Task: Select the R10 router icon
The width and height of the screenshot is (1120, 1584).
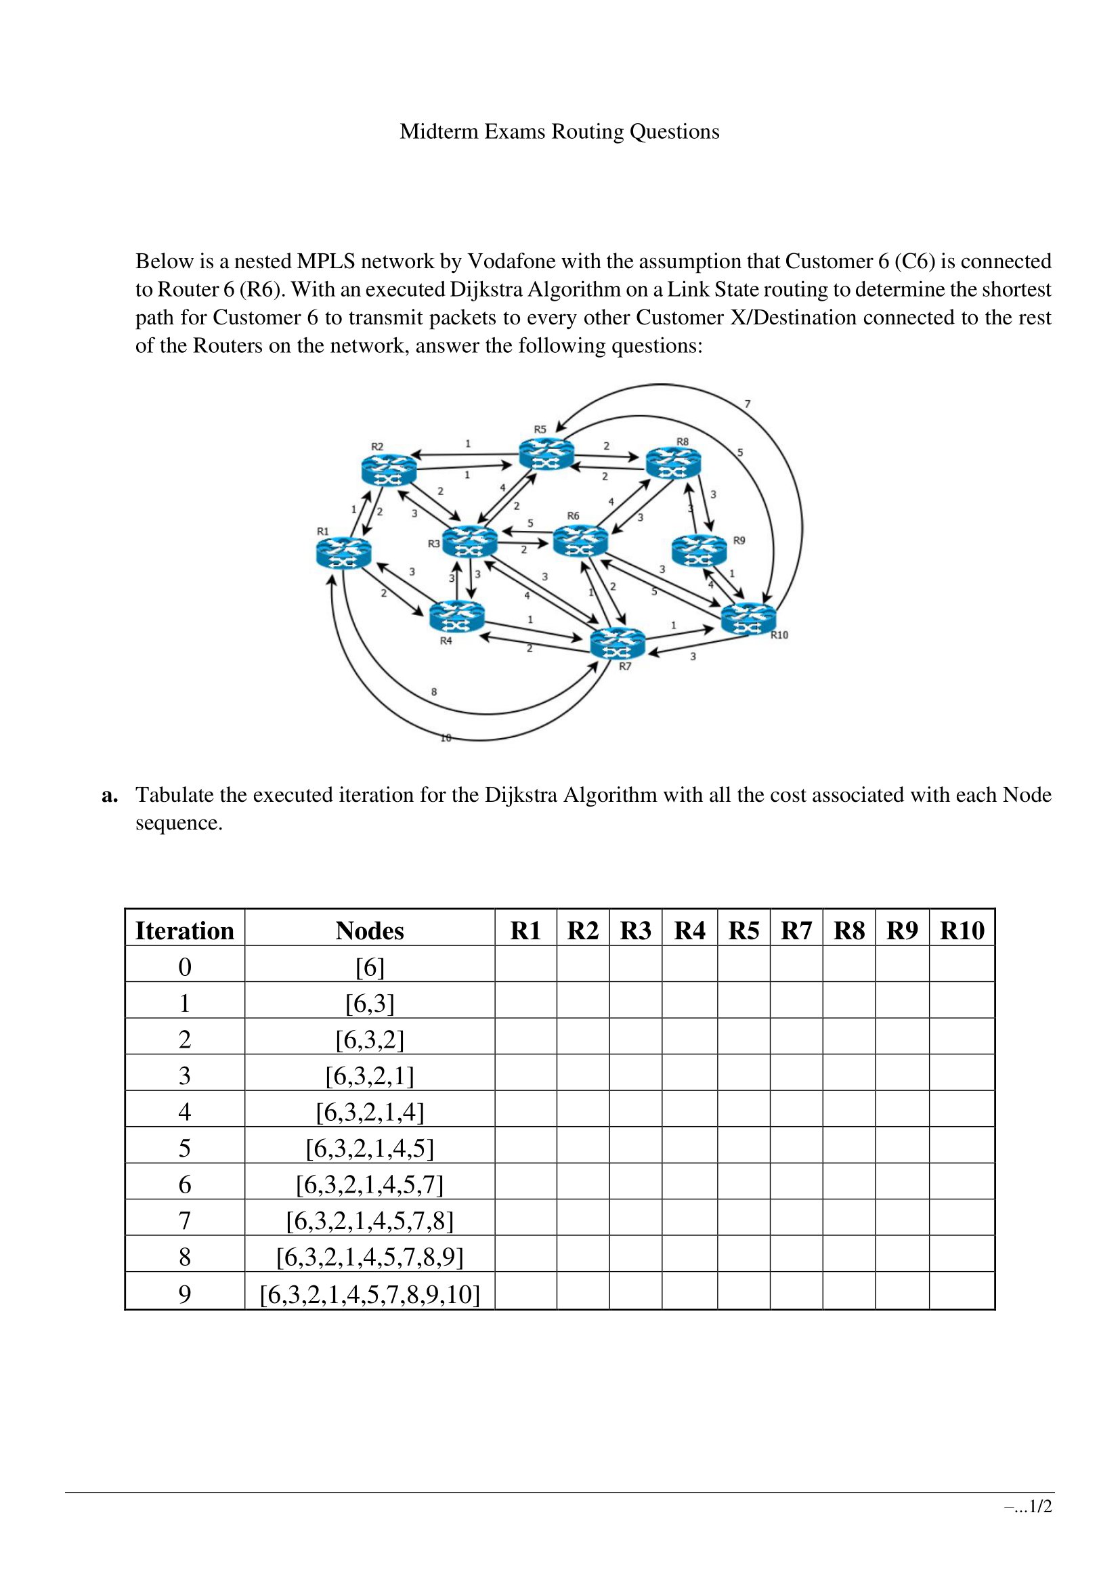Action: coord(748,618)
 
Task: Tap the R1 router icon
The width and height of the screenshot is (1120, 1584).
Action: coord(343,553)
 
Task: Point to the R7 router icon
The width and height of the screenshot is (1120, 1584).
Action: coord(618,643)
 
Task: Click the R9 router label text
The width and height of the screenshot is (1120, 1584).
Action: coord(739,540)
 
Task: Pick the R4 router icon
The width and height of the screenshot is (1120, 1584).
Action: coord(456,616)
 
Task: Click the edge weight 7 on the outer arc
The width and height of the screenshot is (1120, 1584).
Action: coord(748,404)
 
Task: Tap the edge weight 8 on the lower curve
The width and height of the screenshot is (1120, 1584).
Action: coord(434,691)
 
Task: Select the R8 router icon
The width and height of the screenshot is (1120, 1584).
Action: coord(673,463)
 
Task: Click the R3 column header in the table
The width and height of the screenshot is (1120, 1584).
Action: coord(635,930)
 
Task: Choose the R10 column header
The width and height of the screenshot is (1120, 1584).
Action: coord(962,930)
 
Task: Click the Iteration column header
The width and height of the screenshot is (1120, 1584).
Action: coord(185,930)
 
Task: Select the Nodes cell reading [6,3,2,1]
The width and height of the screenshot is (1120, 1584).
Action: coord(370,1075)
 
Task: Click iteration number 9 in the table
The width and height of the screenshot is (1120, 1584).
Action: coord(185,1293)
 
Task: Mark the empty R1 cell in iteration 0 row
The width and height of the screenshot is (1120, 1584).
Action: coord(525,966)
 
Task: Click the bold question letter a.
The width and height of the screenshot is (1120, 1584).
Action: coord(109,795)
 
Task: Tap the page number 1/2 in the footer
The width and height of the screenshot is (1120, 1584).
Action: coord(1039,1525)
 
